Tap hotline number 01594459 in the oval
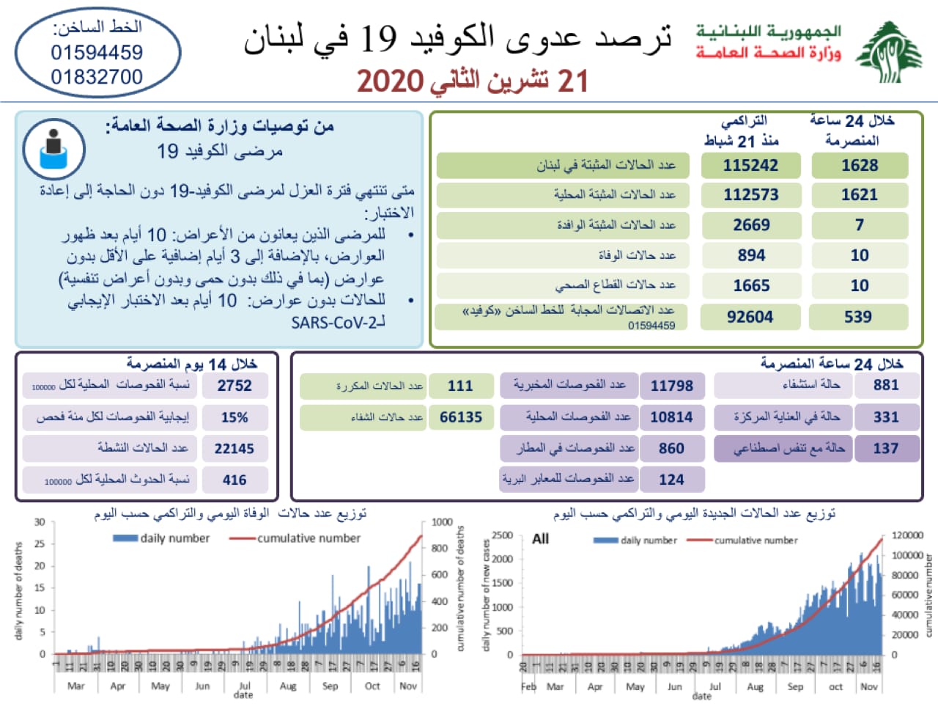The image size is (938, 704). tap(97, 53)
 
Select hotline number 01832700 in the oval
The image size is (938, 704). tap(97, 76)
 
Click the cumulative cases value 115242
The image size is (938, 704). tap(750, 165)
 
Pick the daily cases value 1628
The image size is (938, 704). tap(860, 165)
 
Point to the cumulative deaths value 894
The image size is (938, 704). tap(751, 255)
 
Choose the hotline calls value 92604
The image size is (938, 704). tap(750, 317)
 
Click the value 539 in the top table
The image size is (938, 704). tap(858, 317)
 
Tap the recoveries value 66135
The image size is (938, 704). tap(461, 417)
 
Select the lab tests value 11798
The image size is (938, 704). tap(671, 386)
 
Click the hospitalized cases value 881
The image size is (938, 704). tap(886, 385)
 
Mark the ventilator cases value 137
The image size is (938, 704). tap(886, 448)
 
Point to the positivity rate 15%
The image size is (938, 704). tap(234, 417)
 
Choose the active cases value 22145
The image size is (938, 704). tap(234, 448)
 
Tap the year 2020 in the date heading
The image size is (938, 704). tap(390, 81)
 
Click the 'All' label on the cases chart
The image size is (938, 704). tap(540, 539)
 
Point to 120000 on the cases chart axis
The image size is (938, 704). tap(907, 535)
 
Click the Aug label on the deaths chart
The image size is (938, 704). tap(288, 686)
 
